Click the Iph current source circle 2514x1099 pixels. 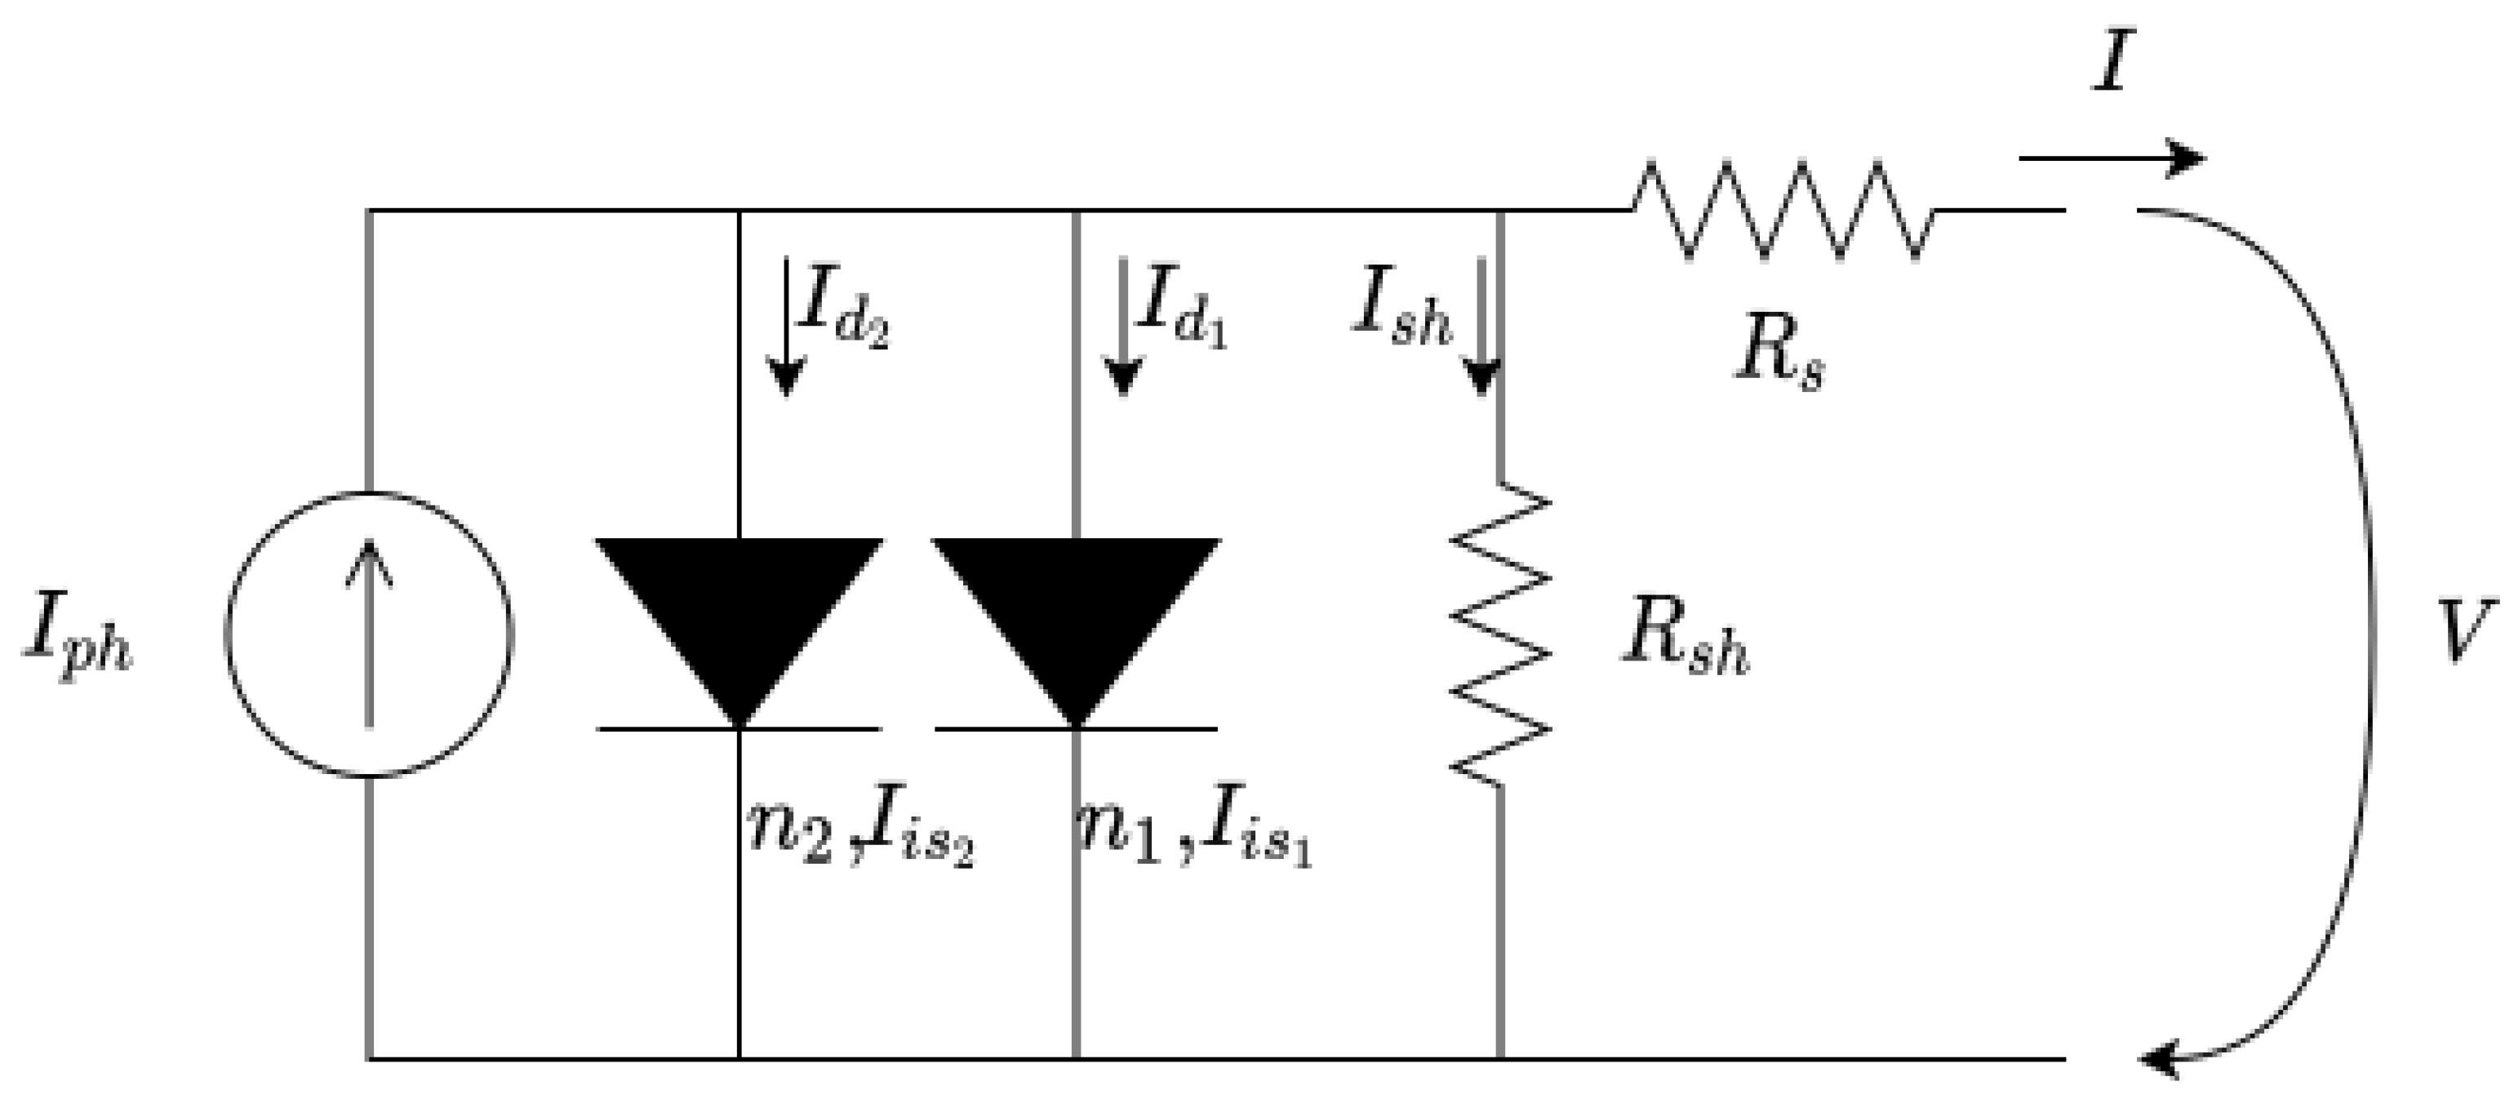[x=369, y=634]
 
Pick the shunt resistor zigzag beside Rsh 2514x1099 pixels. [x=1499, y=634]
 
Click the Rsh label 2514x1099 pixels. [x=1686, y=640]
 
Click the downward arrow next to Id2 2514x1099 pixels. [x=785, y=327]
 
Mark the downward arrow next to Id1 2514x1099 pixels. [x=1122, y=327]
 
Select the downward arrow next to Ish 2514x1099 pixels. [x=1481, y=327]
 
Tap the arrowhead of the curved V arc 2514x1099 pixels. [x=2159, y=1059]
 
